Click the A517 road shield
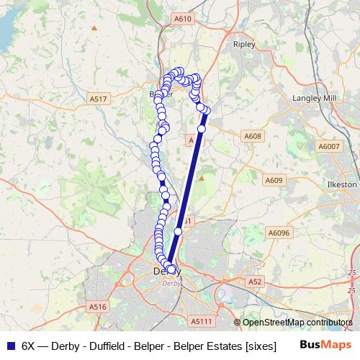pos(99,98)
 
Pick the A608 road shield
pos(252,136)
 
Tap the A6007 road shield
pos(328,146)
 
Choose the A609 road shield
pos(274,180)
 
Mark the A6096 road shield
pos(278,233)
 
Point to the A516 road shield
pos(99,307)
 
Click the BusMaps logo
pos(325,345)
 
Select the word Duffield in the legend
pos(103,345)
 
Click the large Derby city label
pos(167,271)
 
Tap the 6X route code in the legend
pos(28,345)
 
